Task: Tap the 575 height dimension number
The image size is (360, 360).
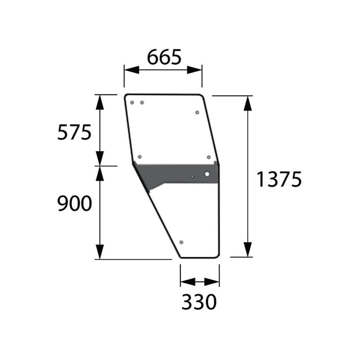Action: [x=74, y=132]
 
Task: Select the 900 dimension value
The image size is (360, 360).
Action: [x=74, y=203]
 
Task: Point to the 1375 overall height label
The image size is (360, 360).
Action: [x=279, y=179]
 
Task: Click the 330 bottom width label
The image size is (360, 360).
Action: [x=199, y=301]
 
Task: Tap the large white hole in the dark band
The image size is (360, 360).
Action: [x=207, y=174]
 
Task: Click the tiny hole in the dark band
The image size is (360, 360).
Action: [x=192, y=177]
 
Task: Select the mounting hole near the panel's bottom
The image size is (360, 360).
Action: [x=181, y=242]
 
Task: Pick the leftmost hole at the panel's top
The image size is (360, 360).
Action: [x=132, y=103]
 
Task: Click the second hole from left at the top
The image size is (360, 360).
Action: [x=142, y=103]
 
